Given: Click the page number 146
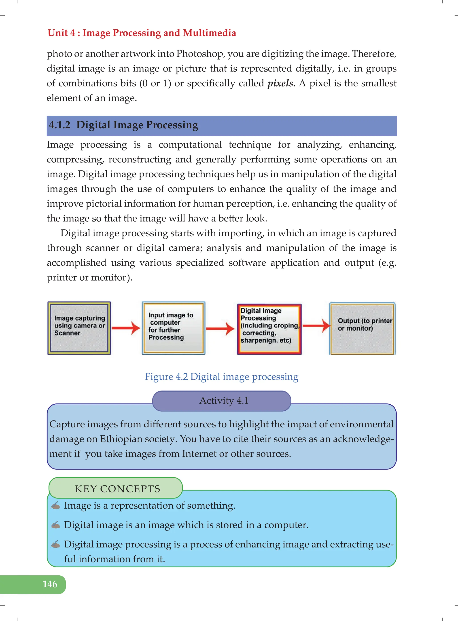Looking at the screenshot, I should pos(50,584).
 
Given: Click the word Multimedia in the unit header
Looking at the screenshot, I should pos(209,33).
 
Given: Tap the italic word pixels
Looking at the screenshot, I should pos(280,83).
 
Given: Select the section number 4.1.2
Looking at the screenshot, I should pos(60,125).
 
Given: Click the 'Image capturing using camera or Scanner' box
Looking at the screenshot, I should pos(79,328).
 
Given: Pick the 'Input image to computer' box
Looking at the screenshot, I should pos(174,328).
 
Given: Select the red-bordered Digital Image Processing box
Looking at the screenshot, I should pos(269,329).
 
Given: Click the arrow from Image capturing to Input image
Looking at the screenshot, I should pos(126,328).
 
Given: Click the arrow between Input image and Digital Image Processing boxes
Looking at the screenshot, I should pos(221,329).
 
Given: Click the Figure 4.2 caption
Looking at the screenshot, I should pos(222,377).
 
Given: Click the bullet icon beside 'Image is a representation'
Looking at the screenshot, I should pos(55,505).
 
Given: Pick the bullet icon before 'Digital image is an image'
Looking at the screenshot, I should pos(55,525).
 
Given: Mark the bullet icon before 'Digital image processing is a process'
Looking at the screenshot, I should pos(55,544).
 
